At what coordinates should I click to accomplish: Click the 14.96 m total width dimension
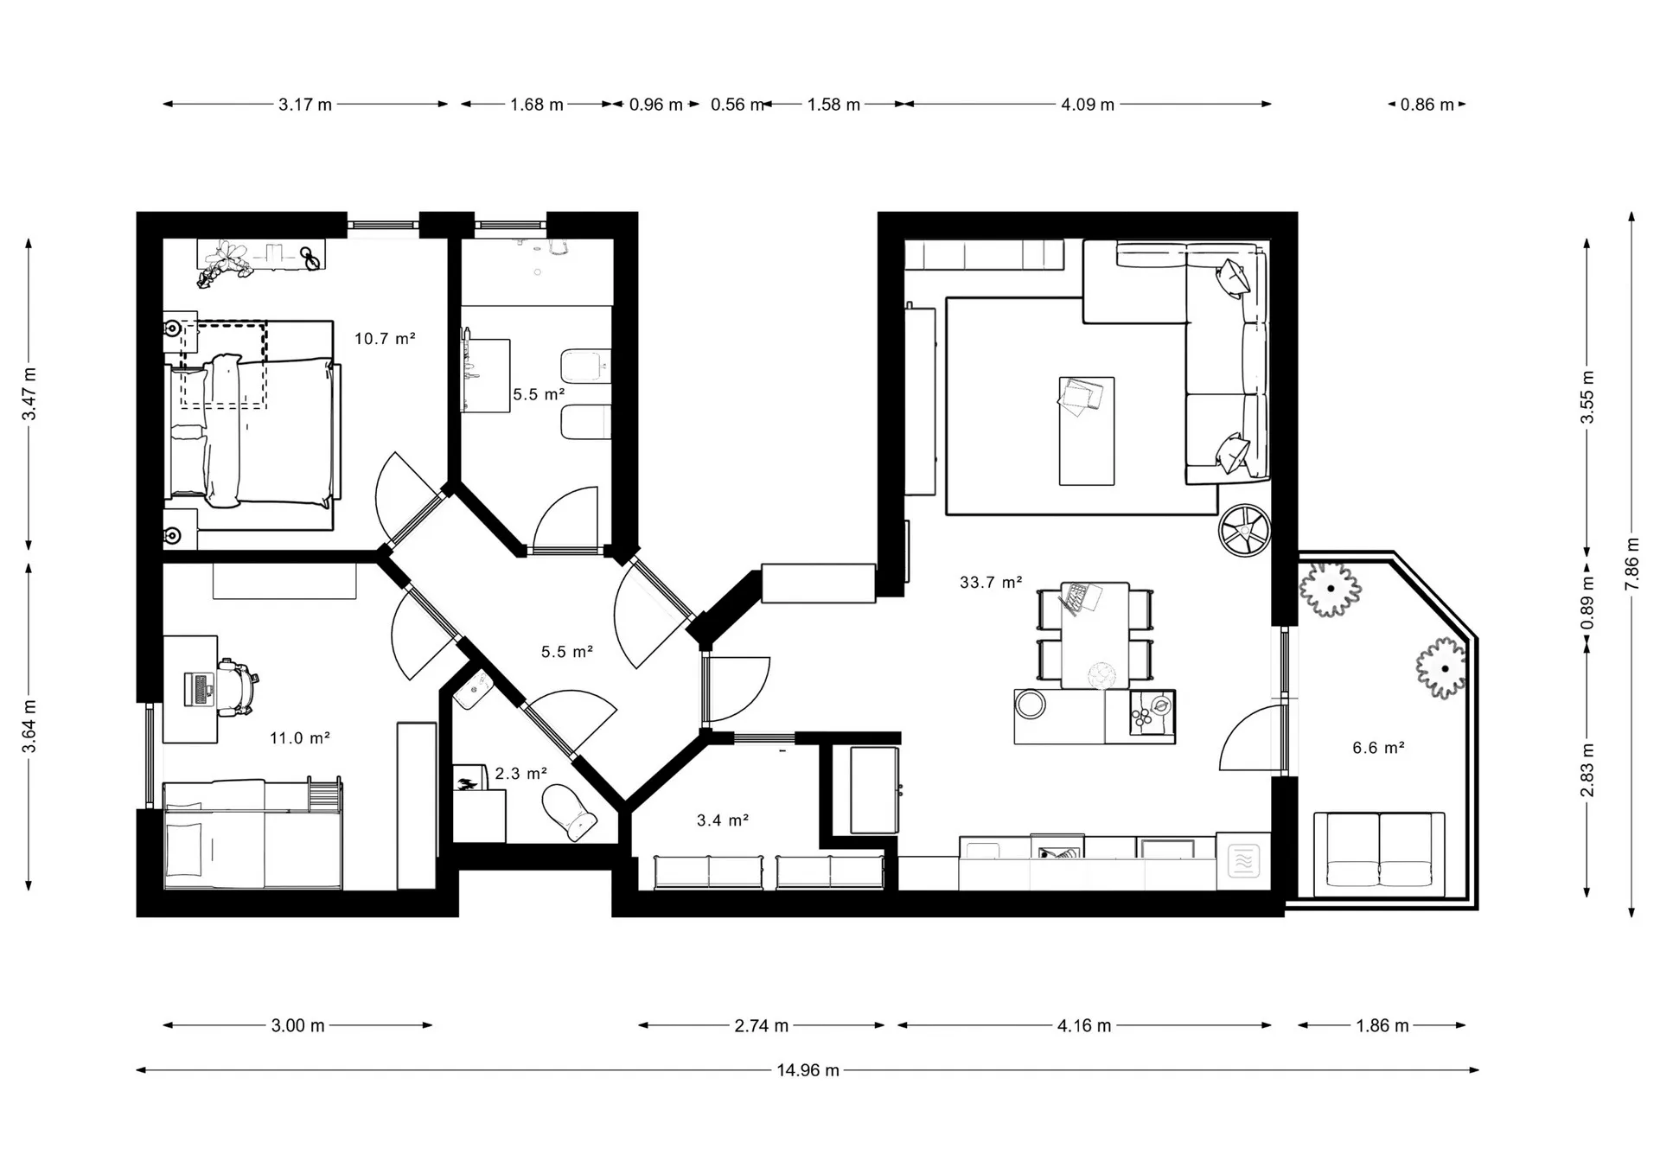808,1070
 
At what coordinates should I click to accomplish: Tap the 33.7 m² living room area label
991,583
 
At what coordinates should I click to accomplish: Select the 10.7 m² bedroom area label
385,339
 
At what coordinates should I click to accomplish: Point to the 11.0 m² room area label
300,738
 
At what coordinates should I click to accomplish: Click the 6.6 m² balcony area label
1378,748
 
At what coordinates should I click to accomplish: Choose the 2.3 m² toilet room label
520,774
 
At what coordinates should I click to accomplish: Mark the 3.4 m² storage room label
723,820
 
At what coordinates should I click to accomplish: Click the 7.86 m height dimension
1632,565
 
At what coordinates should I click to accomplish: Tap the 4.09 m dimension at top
1088,105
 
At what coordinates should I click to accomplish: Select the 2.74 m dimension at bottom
762,1026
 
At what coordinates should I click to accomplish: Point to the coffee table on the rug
1087,431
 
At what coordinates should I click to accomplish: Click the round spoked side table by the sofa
1244,531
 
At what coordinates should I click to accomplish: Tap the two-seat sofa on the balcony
1379,854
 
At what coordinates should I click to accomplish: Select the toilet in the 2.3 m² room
569,813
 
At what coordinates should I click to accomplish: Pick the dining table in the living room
1095,635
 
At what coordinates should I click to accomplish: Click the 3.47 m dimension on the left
29,394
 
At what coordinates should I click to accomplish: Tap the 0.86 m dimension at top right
1427,105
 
